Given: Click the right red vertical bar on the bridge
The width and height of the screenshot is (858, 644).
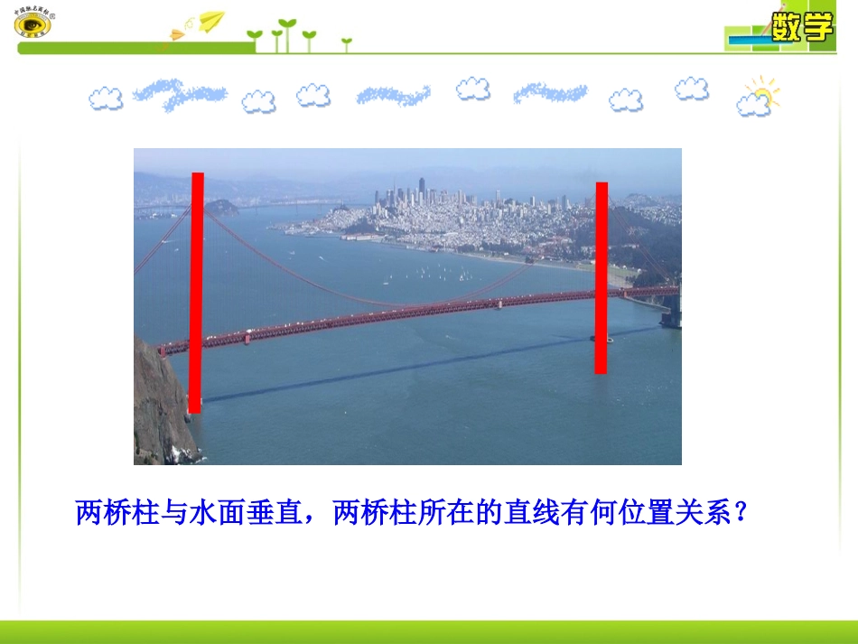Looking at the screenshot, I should (601, 277).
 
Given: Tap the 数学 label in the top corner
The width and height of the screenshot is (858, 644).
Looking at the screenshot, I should (801, 28).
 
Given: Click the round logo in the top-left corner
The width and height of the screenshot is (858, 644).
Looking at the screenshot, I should (33, 23).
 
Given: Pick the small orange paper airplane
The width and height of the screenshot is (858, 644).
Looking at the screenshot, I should (177, 35).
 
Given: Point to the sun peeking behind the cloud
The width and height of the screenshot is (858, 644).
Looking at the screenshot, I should (764, 92).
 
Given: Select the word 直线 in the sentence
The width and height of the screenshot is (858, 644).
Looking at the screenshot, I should (526, 513).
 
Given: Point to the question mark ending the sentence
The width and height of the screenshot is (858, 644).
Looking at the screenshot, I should (741, 513).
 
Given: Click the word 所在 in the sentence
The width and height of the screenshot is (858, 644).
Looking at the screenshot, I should (440, 513).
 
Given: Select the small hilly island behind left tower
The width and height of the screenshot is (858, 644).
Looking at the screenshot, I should (220, 207).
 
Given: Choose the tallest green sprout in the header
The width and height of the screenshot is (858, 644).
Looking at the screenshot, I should (287, 32).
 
